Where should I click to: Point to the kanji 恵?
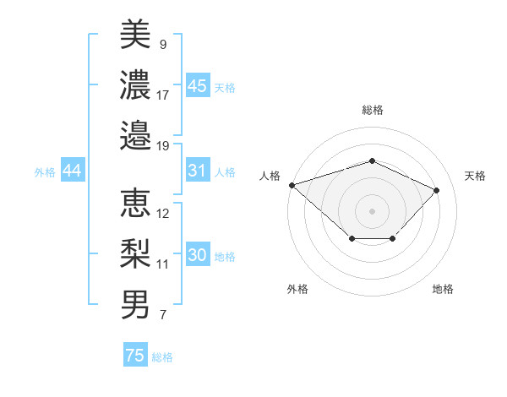(x=135, y=203)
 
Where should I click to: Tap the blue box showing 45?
(x=198, y=85)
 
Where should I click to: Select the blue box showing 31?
(x=198, y=171)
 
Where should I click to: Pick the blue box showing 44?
(x=72, y=171)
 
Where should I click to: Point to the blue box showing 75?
(x=135, y=356)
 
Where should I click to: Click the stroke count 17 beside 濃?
(x=163, y=95)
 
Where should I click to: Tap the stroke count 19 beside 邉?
(x=163, y=145)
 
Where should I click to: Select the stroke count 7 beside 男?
(x=162, y=316)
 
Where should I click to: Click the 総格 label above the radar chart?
(x=372, y=110)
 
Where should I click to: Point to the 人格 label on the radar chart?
(x=270, y=176)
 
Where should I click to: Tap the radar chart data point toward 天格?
(x=436, y=190)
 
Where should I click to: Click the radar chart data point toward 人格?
(x=292, y=185)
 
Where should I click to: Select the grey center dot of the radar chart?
(x=372, y=210)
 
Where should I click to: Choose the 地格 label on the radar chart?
(x=443, y=289)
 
